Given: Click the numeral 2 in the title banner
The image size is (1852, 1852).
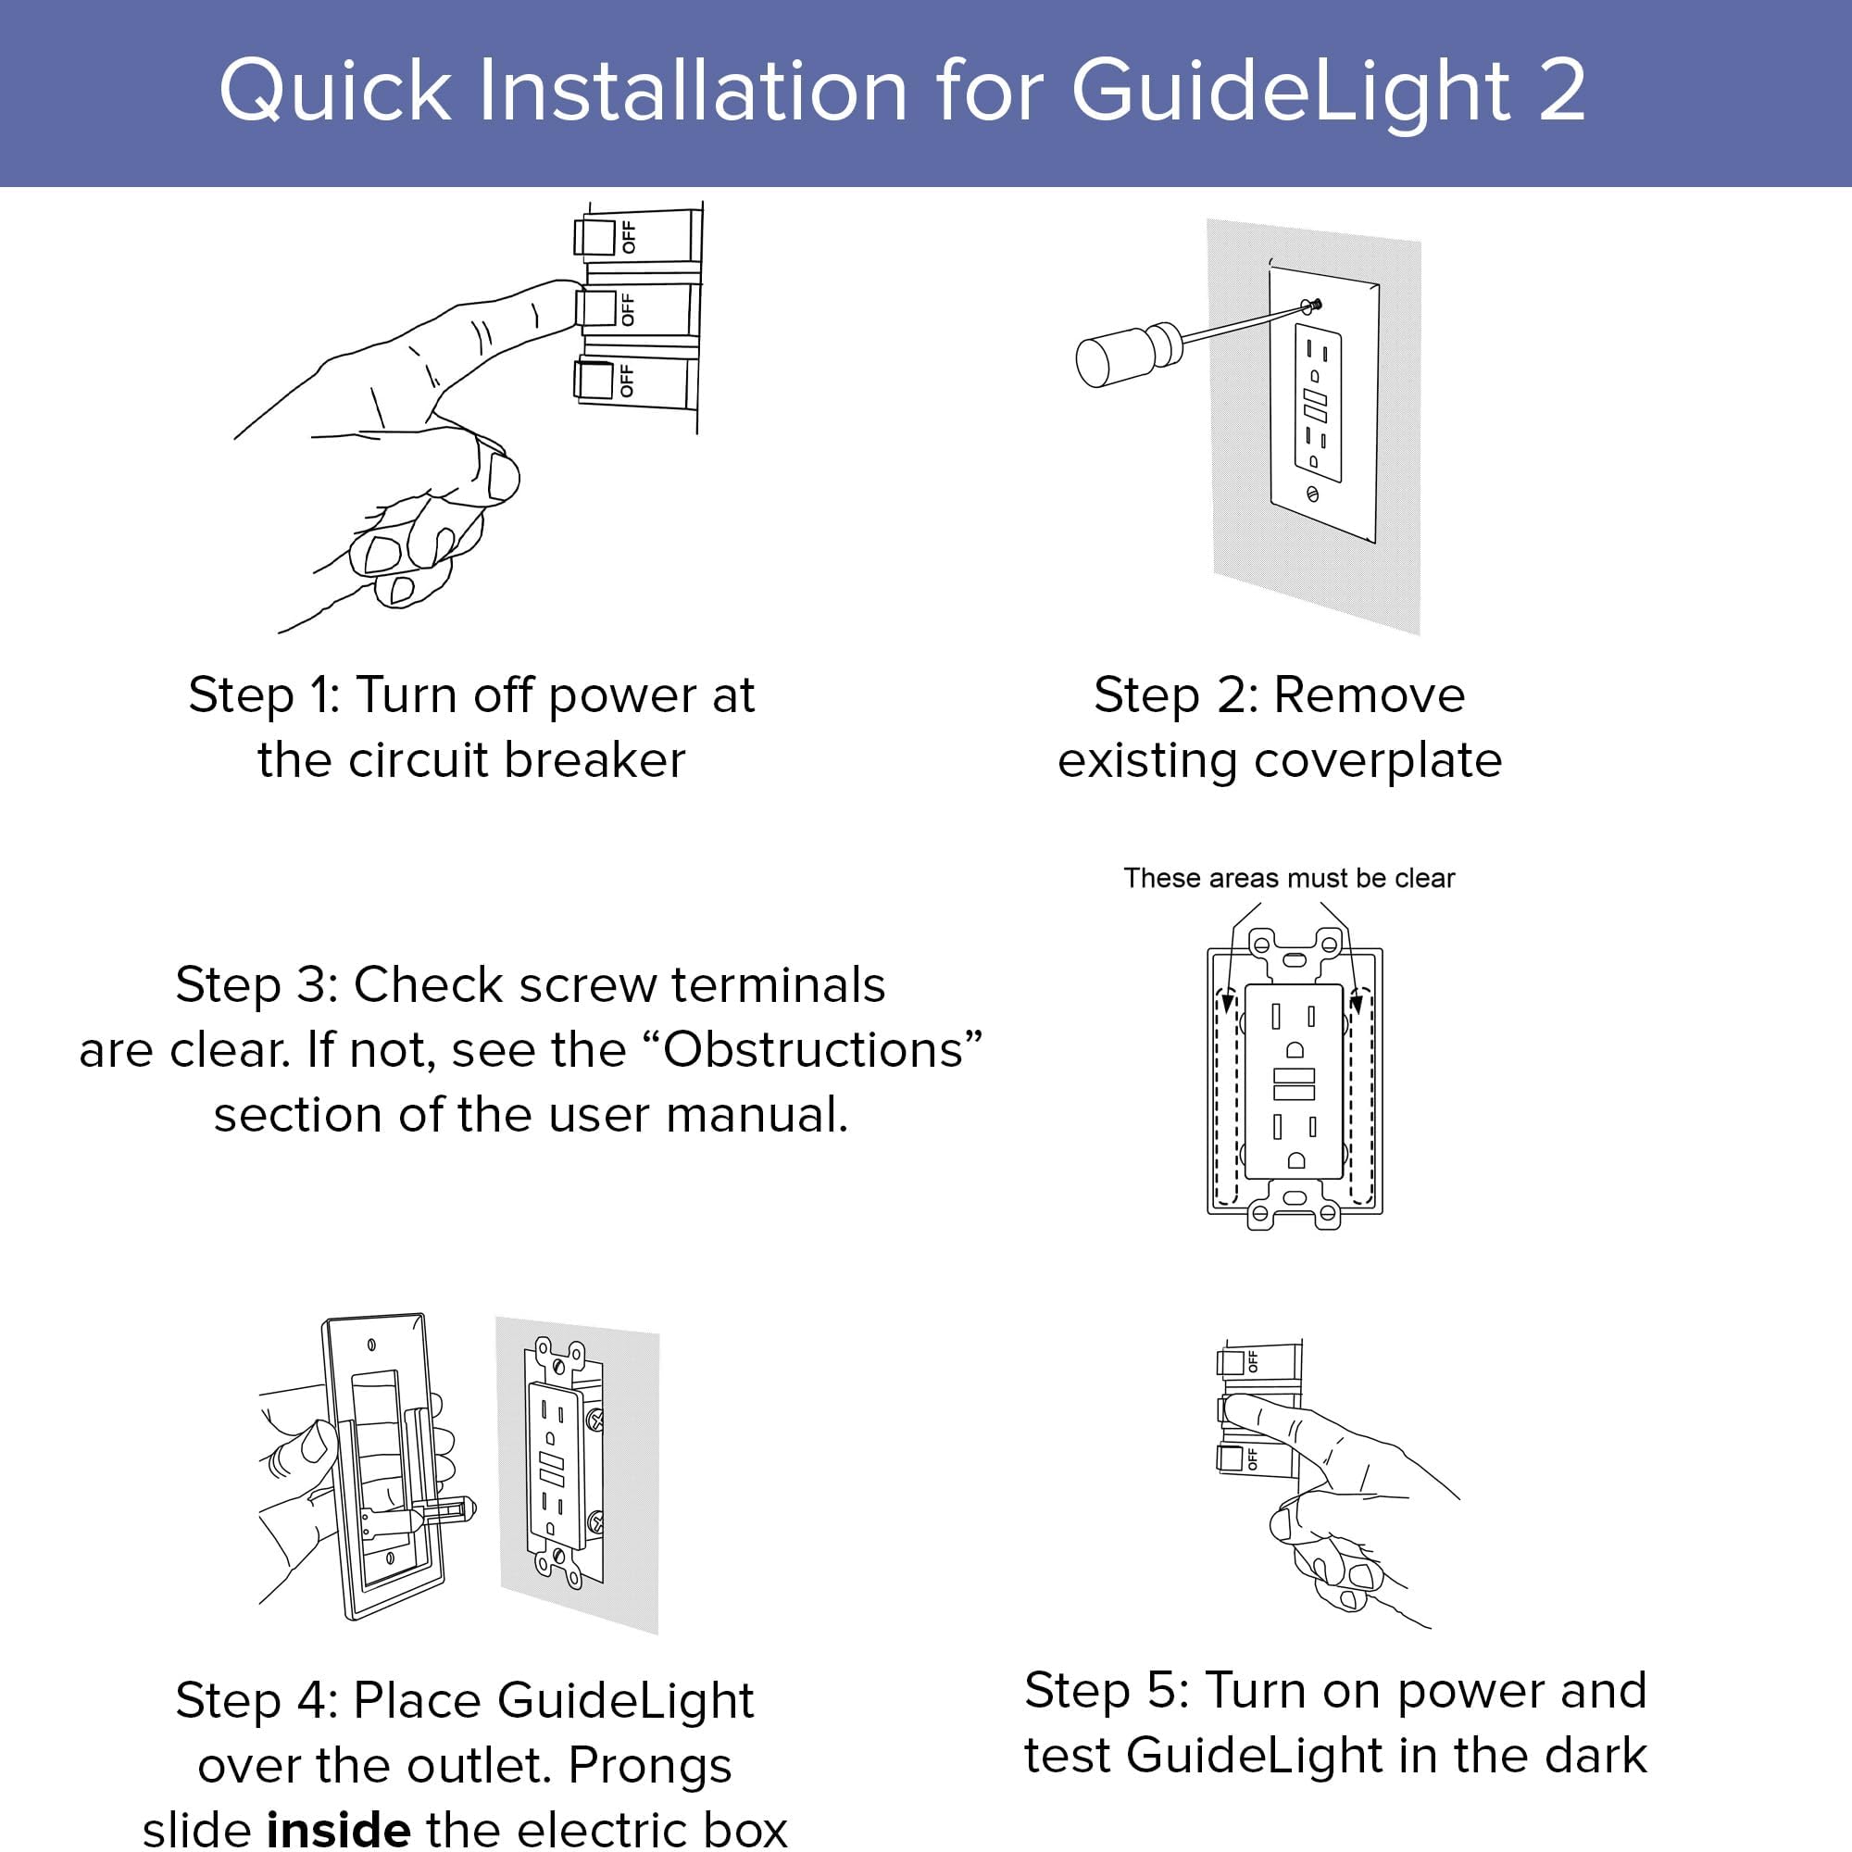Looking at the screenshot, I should (x=1561, y=90).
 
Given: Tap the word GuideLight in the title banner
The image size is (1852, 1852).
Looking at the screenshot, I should (x=1290, y=92).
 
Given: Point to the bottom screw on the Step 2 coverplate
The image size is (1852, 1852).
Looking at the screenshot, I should (x=1312, y=494).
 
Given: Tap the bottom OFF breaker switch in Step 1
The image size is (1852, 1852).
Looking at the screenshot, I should (x=594, y=380).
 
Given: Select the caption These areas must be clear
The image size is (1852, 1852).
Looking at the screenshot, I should (x=1288, y=878).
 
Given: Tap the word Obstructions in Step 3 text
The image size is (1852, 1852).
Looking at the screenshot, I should (x=813, y=1050).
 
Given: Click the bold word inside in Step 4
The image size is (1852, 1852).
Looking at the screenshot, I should (x=339, y=1829).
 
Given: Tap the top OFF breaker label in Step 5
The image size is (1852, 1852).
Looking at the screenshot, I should (x=1252, y=1360).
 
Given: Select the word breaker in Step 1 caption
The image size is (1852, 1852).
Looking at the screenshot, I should (x=594, y=760).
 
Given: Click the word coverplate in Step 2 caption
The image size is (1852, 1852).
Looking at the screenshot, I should (x=1378, y=760).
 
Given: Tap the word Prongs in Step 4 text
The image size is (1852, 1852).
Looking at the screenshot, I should (x=650, y=1765).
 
